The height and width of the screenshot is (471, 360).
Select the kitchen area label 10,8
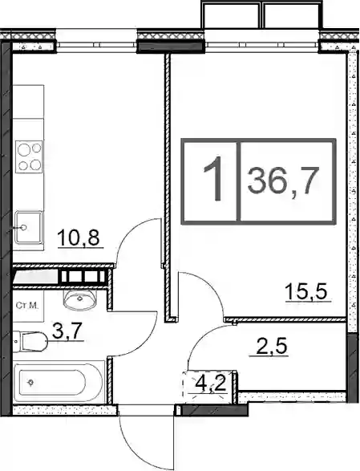coord(79,238)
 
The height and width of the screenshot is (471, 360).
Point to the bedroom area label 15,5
coord(306,291)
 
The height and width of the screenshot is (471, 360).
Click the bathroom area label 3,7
coord(67,331)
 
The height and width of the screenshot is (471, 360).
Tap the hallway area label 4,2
coord(210,384)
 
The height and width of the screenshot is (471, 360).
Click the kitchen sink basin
coord(29,227)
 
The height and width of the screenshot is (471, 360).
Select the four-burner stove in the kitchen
coord(29,156)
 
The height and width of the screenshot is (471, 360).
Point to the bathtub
coord(59,383)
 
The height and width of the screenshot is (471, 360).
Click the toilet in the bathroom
coord(30,342)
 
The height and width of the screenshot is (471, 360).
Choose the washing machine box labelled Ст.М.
coord(27,306)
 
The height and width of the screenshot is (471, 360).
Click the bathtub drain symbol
coord(30,383)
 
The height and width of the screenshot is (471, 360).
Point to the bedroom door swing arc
coord(210,286)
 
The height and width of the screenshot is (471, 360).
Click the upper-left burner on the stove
coord(22,149)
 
